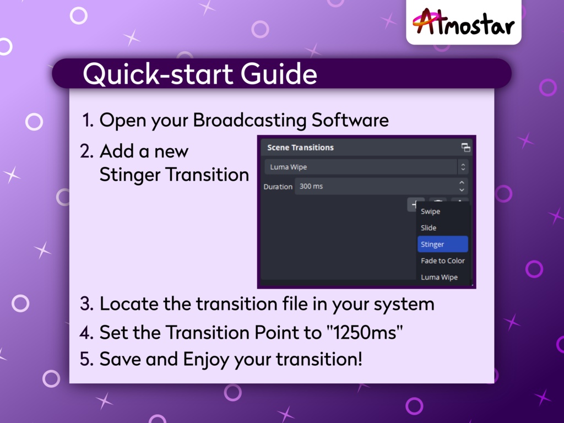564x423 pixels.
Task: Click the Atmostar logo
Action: click(x=463, y=22)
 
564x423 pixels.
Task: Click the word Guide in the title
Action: click(x=279, y=74)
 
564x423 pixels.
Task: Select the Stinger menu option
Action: click(x=443, y=244)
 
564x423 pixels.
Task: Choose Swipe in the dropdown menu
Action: click(x=430, y=211)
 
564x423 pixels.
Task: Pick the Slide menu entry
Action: click(x=429, y=227)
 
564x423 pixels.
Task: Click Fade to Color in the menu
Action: click(x=443, y=261)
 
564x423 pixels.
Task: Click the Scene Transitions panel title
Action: click(x=300, y=148)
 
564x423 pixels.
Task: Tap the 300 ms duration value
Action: click(x=311, y=186)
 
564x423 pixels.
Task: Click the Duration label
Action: click(x=278, y=187)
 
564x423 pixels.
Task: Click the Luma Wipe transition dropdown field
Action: click(x=361, y=167)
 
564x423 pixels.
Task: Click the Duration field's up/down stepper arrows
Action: click(x=462, y=186)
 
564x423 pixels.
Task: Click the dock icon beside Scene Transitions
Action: click(x=466, y=148)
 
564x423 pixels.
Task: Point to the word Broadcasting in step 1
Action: click(x=250, y=120)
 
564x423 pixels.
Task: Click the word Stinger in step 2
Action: click(x=130, y=175)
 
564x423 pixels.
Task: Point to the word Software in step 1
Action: click(x=350, y=120)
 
